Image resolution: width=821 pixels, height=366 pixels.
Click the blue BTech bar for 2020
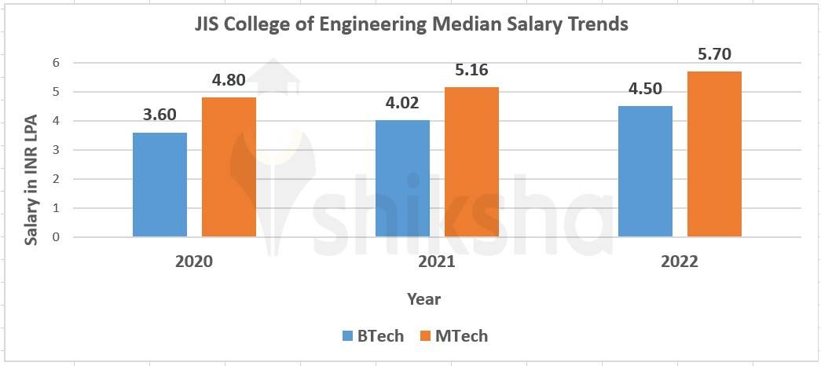point(159,185)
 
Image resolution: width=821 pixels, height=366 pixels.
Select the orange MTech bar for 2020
point(229,167)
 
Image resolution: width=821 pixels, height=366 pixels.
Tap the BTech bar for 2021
point(402,178)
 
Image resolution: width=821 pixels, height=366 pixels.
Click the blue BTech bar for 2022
point(645,171)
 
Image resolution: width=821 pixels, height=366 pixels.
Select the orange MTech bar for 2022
point(714,154)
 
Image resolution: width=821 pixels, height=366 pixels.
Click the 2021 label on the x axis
point(437,262)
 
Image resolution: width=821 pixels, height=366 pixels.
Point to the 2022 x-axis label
point(680,262)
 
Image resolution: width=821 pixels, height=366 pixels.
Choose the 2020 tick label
point(194,262)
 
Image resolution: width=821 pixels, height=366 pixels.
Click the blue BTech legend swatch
point(348,336)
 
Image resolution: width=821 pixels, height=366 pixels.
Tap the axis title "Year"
point(424,299)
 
